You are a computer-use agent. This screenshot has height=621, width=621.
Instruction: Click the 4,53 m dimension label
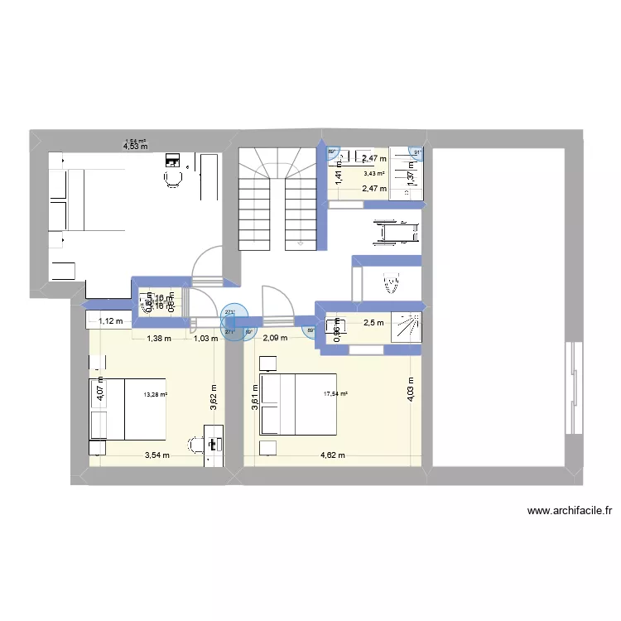click(135, 147)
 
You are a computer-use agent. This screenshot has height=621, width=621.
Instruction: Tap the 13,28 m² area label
click(155, 395)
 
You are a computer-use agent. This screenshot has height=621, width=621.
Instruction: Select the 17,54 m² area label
click(335, 394)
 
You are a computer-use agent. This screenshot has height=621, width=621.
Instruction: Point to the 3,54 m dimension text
click(156, 455)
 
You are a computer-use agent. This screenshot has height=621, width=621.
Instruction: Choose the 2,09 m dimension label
click(275, 338)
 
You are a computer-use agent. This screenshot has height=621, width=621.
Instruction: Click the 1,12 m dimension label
click(110, 321)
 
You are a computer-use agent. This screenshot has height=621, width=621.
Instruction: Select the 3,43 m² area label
click(374, 173)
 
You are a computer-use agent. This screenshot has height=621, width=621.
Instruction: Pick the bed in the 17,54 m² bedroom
click(299, 404)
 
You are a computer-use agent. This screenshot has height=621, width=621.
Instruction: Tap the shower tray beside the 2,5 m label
click(407, 325)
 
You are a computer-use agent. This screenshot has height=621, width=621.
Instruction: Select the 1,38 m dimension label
click(159, 338)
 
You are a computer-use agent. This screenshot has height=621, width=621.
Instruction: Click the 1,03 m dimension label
click(203, 338)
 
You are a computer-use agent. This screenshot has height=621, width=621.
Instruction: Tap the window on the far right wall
click(570, 387)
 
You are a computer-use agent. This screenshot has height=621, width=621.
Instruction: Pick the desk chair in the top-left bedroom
click(173, 177)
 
